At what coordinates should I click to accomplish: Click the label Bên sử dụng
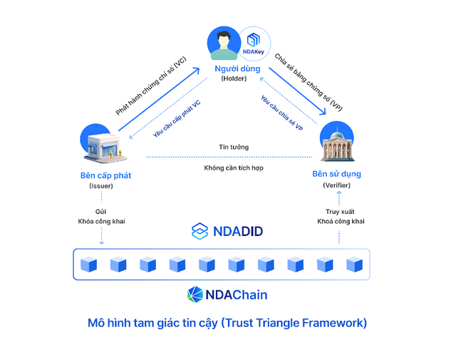[x=336, y=174]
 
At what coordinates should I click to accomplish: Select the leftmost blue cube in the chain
[x=88, y=264]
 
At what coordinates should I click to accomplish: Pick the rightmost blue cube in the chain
[x=354, y=264]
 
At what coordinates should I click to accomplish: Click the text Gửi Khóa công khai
[x=100, y=216]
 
